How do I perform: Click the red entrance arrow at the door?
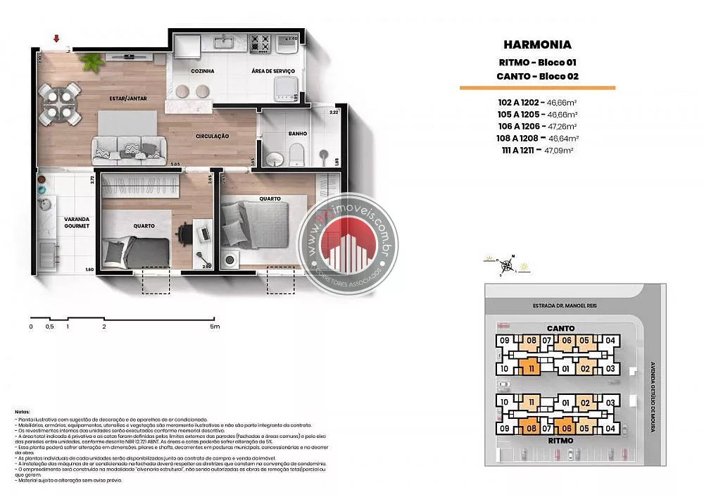click(56, 39)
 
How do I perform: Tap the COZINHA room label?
click(203, 71)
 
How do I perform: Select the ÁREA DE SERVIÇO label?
click(273, 71)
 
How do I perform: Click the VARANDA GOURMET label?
click(76, 222)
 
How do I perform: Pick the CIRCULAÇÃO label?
click(212, 136)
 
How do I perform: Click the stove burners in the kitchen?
click(261, 42)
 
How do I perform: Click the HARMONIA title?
click(537, 45)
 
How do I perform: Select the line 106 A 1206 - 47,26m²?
click(537, 125)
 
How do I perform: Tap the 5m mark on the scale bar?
click(215, 327)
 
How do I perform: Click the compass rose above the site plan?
click(506, 265)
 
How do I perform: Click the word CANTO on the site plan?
click(560, 328)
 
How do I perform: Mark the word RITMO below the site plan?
click(560, 440)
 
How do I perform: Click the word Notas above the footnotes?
click(23, 410)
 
